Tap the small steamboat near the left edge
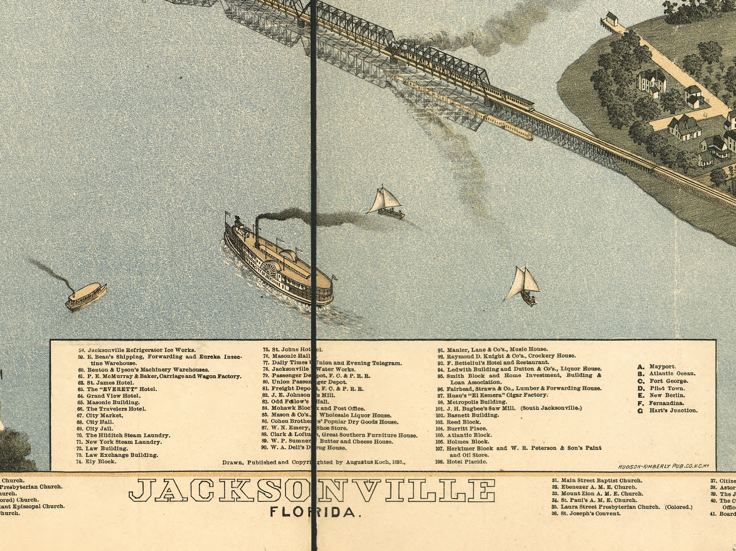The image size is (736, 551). pos(86,296)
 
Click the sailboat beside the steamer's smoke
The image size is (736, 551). pos(386,203)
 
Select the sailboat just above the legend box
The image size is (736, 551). pos(523,285)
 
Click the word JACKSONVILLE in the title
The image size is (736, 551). pos(311,490)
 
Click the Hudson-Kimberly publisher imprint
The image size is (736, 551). pos(663,466)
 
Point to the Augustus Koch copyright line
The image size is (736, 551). pos(314,462)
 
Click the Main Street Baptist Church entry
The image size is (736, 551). pos(592,481)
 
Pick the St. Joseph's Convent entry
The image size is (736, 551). pos(586,513)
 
